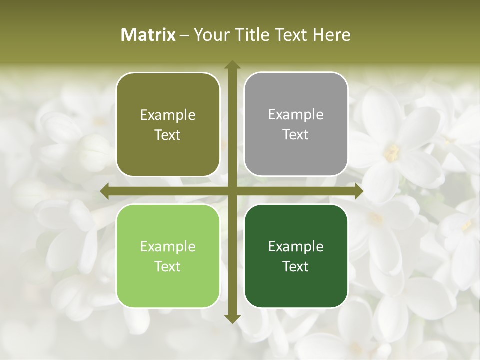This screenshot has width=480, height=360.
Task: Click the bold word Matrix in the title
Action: click(148, 35)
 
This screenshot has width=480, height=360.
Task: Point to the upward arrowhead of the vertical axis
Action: click(232, 65)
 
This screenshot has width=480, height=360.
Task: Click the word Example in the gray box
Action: click(296, 115)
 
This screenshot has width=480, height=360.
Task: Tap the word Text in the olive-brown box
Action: click(168, 135)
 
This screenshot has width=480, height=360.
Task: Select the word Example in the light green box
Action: click(168, 246)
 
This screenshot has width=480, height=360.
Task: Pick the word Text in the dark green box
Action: click(296, 266)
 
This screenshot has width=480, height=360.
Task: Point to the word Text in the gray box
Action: click(296, 135)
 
